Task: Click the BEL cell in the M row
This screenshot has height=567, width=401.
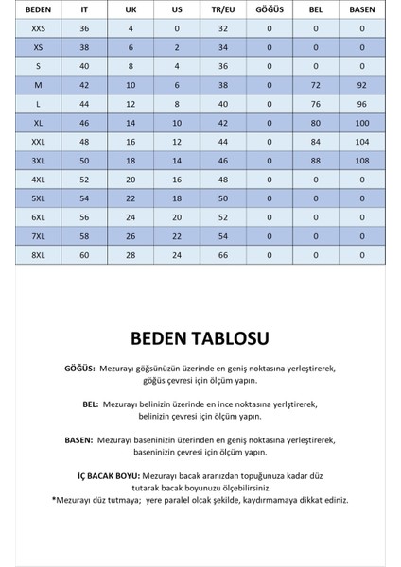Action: tap(316, 85)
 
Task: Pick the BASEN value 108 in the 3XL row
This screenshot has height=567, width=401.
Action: tap(362, 162)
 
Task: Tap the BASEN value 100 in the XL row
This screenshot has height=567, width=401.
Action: tap(362, 124)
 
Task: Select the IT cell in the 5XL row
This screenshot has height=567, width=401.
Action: tap(84, 199)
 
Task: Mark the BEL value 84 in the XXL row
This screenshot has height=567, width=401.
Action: tap(316, 143)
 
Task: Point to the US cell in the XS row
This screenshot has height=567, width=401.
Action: tap(177, 47)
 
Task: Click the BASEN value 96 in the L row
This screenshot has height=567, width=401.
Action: tap(362, 104)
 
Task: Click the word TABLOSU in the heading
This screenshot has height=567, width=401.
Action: tap(233, 337)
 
